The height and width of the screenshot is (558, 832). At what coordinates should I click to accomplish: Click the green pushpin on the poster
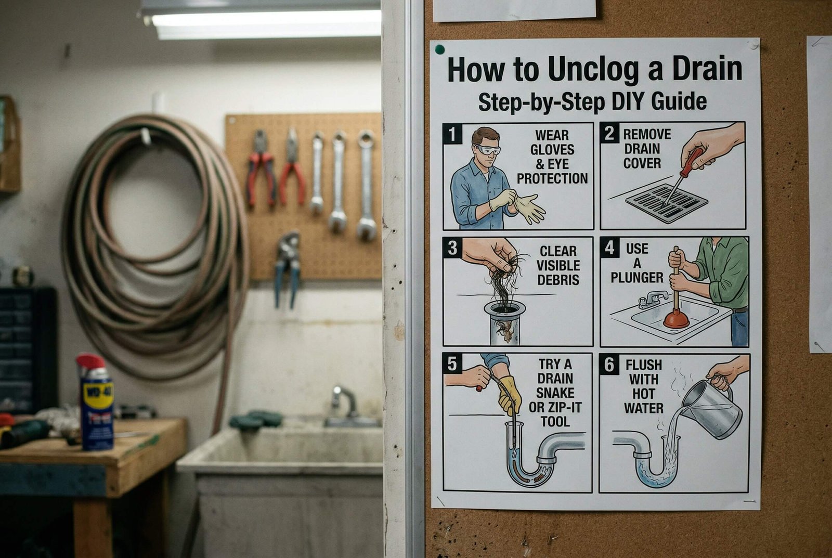coord(440,49)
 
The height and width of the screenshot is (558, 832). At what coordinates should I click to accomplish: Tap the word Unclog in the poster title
coord(595,70)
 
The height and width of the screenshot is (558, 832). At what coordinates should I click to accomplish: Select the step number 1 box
coord(452,134)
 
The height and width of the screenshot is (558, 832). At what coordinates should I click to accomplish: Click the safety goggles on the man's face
coord(487,150)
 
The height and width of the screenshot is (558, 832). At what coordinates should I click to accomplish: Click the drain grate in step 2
coord(666,203)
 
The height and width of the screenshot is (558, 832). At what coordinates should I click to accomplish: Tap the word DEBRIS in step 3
coord(558,280)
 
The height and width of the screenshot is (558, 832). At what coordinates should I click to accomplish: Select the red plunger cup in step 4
coord(676,319)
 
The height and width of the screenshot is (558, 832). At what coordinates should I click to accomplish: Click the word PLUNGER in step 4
coord(637,278)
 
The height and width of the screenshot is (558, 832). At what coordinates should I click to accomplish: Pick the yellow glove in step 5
coord(509,394)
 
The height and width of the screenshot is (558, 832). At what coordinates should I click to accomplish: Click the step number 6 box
coord(609,365)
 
